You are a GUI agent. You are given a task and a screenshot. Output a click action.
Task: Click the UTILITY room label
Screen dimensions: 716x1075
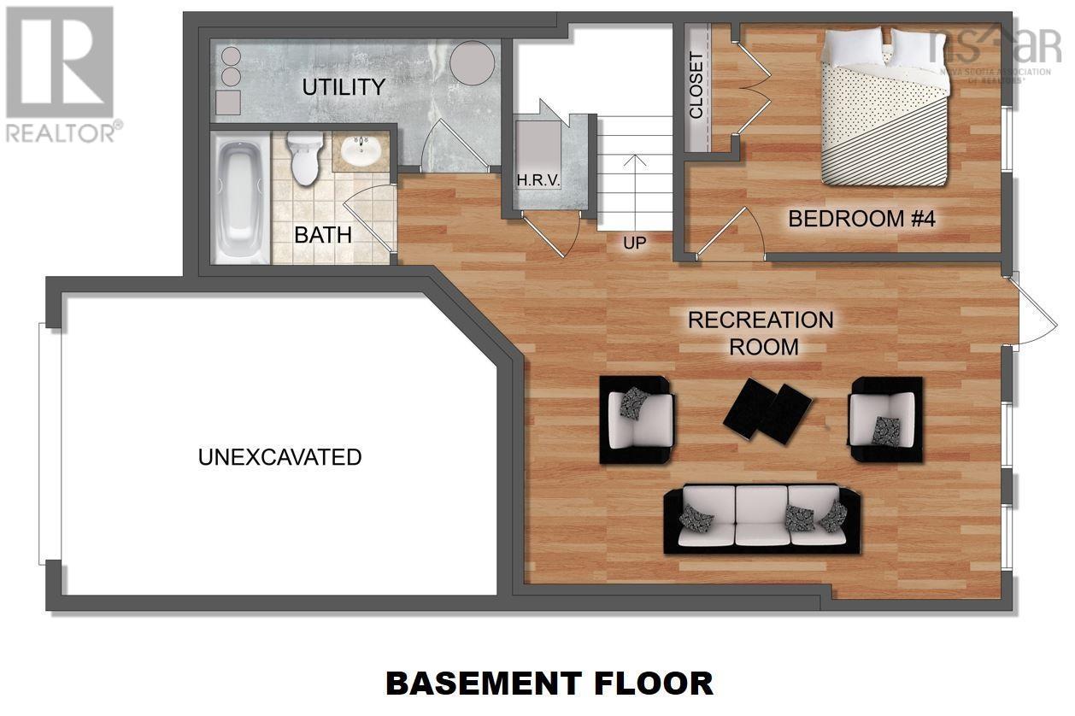coord(343,87)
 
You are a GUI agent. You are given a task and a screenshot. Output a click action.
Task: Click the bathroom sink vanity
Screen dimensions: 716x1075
coord(361,153)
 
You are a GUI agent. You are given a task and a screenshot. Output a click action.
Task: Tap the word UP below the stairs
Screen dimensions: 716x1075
coord(634,243)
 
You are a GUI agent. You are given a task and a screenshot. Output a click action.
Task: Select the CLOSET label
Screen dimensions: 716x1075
coord(696,86)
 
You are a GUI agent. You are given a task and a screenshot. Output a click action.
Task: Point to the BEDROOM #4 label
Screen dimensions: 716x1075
coord(861,219)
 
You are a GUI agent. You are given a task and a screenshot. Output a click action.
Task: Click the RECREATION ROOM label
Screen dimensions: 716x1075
coord(760,333)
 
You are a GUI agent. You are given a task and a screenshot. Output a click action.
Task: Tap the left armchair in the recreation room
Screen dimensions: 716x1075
coord(637,419)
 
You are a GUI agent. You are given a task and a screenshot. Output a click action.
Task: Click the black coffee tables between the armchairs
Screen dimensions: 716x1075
coord(767,411)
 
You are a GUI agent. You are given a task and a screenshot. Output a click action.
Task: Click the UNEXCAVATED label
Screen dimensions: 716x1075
coord(279,457)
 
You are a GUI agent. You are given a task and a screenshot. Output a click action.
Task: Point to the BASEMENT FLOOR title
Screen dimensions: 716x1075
coord(549,684)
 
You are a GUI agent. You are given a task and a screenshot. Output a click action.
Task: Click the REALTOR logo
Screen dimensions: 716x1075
coord(60,73)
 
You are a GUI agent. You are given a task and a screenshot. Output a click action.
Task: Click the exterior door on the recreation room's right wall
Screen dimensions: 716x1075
coord(1024,309)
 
